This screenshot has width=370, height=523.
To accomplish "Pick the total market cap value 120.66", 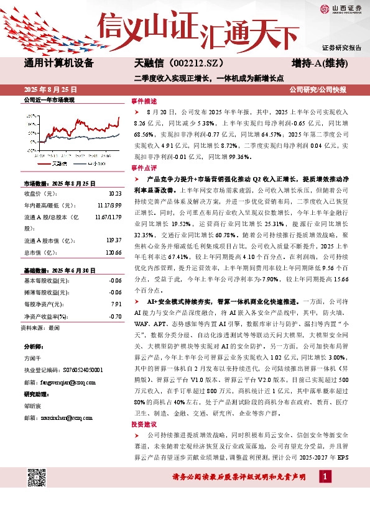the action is click(113, 252).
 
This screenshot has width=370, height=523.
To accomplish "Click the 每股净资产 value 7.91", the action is click(115, 304).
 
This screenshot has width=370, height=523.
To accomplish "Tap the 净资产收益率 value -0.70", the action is click(114, 316).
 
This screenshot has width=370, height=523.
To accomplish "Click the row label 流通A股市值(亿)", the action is click(46, 240).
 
